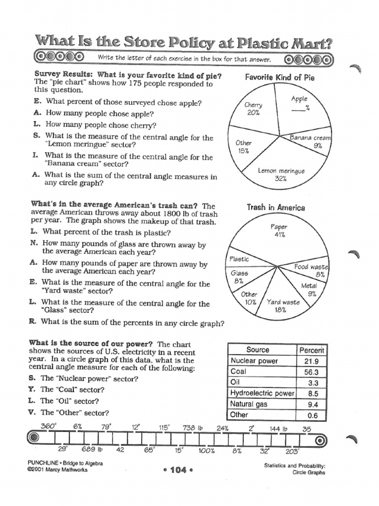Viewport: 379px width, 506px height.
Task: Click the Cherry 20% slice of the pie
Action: (254, 109)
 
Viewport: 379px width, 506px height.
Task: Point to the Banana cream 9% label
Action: (310, 141)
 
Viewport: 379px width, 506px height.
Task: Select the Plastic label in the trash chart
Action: (239, 259)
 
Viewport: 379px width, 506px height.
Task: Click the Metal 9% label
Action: (309, 290)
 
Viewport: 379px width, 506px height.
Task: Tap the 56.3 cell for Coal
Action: (312, 372)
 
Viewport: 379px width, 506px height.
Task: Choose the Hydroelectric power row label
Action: (262, 393)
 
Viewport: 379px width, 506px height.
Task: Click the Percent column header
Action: (312, 350)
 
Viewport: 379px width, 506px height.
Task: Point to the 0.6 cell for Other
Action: (312, 415)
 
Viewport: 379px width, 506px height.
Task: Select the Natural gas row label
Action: (249, 404)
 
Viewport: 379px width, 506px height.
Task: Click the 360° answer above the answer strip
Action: (49, 425)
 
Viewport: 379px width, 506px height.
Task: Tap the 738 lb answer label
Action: (193, 428)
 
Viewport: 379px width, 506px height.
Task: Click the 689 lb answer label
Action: (92, 450)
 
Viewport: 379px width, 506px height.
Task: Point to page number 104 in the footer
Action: (176, 470)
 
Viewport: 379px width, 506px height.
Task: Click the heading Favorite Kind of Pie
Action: (280, 78)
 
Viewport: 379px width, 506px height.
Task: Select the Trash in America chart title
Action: (276, 208)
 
